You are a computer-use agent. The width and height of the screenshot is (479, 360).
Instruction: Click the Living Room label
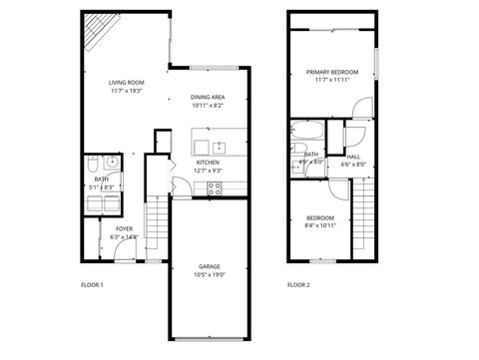pos(127,82)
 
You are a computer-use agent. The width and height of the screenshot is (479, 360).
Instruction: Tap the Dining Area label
pos(208,97)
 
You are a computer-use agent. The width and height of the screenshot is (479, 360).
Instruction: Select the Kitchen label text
pos(208,162)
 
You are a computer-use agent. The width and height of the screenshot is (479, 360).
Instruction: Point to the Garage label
pos(209,266)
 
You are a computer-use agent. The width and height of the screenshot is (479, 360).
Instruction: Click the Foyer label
pos(124,228)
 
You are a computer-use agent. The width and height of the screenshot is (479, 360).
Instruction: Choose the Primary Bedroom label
pos(332,72)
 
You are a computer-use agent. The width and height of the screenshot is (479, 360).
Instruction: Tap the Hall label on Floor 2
pos(354,156)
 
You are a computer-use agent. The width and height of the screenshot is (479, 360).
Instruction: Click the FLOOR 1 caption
pos(92,285)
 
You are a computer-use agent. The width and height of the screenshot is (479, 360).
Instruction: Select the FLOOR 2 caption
pos(298,285)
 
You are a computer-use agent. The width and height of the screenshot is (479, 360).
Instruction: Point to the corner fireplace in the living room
pos(96,33)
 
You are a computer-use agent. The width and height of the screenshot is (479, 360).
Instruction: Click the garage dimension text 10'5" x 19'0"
pos(209,274)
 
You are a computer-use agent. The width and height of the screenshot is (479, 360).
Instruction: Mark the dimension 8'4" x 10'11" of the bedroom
pos(320,225)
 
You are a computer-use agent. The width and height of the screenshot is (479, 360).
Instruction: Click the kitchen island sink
pos(220,149)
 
